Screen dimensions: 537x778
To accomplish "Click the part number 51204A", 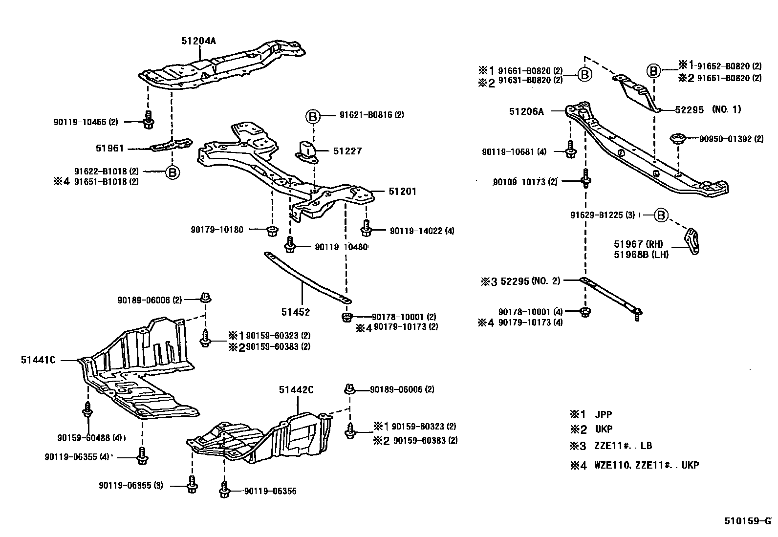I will (x=198, y=41).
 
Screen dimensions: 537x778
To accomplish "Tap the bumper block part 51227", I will (x=306, y=149).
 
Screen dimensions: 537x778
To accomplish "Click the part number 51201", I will (x=402, y=192).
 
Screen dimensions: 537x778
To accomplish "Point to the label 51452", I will (x=295, y=312).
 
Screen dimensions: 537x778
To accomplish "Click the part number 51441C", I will (x=38, y=360).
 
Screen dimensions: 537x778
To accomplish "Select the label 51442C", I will (x=296, y=389).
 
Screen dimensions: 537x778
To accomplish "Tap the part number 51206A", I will (x=526, y=111).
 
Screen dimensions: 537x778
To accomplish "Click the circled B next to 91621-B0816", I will (x=313, y=116).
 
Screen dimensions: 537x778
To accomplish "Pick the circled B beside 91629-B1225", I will (x=661, y=215).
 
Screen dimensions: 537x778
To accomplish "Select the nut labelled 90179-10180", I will (x=272, y=230).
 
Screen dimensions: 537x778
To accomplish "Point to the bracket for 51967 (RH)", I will (x=692, y=241).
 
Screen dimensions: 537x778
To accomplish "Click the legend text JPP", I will (x=603, y=414).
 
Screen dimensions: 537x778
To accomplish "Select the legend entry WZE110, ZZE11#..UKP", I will (x=646, y=465).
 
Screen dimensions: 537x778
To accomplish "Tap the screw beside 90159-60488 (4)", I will (x=87, y=411).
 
